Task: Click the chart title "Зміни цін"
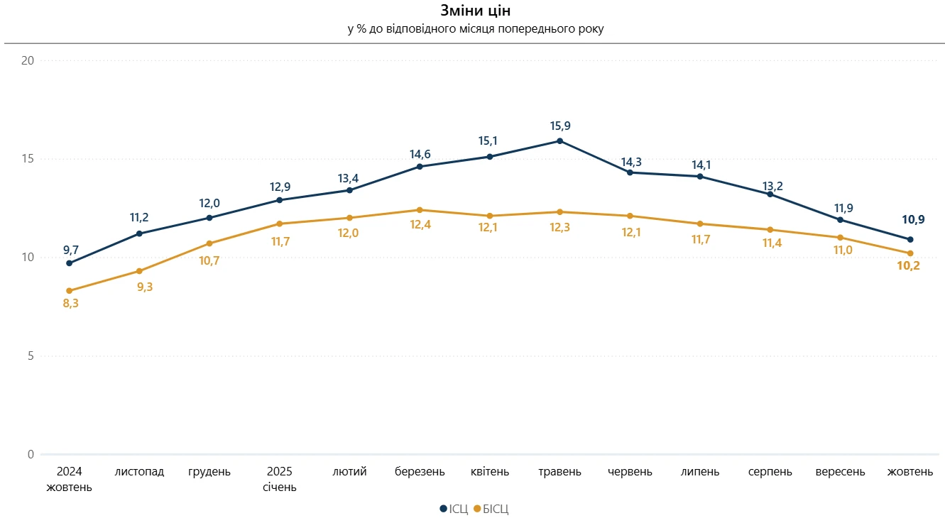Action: [x=475, y=11]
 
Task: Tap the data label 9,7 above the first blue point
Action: [x=71, y=249]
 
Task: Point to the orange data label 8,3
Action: [x=71, y=304]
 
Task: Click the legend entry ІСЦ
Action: [x=454, y=509]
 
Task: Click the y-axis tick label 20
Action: [x=28, y=61]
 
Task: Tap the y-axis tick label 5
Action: [x=31, y=356]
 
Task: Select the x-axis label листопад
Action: [x=139, y=472]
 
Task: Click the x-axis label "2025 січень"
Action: [x=280, y=480]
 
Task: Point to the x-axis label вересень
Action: [x=841, y=472]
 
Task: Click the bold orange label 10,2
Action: [x=909, y=267]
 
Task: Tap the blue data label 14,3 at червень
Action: [x=631, y=162]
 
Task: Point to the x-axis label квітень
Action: [x=490, y=472]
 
